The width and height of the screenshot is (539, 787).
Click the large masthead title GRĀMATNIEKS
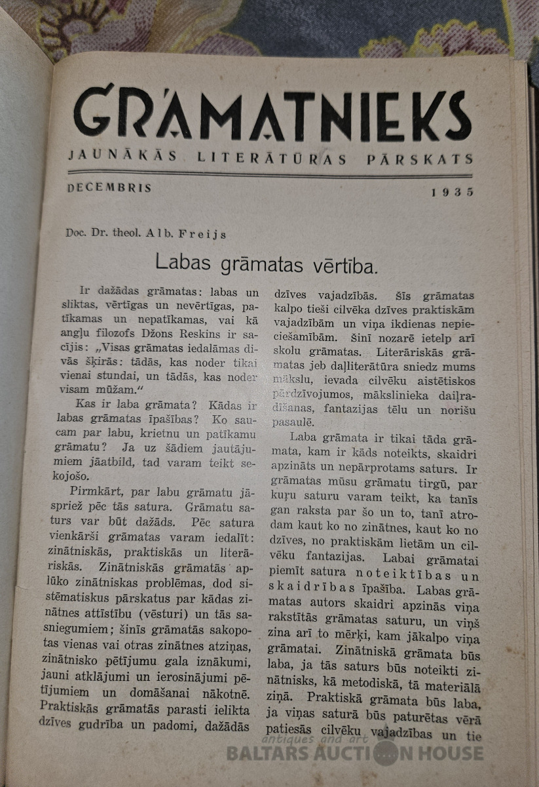tap(272, 115)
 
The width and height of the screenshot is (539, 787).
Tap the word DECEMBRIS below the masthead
tap(109, 188)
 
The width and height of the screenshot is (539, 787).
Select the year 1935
tap(452, 192)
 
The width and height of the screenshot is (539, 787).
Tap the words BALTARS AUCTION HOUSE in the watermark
tap(354, 753)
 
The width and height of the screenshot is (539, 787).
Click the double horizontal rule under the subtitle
tap(269, 174)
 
